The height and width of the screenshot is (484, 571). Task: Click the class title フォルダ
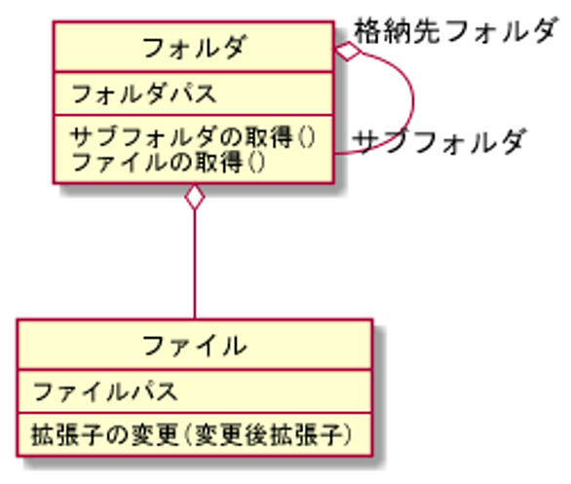tap(195, 48)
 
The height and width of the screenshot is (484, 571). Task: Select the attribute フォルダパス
tap(144, 93)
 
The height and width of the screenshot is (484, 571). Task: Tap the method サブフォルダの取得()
tap(193, 137)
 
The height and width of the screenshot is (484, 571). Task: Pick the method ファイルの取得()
tap(169, 163)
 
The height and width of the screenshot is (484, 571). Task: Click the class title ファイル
tap(195, 346)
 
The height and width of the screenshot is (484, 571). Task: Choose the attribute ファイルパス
tap(105, 391)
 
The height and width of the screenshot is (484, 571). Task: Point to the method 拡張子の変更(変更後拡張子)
tap(192, 435)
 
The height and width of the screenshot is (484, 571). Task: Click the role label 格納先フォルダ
tap(455, 30)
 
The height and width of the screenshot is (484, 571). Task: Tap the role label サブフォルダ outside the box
tap(439, 141)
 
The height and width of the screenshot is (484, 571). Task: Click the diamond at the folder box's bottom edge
tap(195, 197)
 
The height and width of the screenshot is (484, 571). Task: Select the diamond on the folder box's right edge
tap(348, 51)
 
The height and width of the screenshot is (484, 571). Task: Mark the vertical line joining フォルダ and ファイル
tap(195, 264)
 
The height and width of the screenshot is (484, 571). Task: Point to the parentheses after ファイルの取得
tap(256, 163)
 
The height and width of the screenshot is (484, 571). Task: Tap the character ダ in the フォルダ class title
tap(234, 48)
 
